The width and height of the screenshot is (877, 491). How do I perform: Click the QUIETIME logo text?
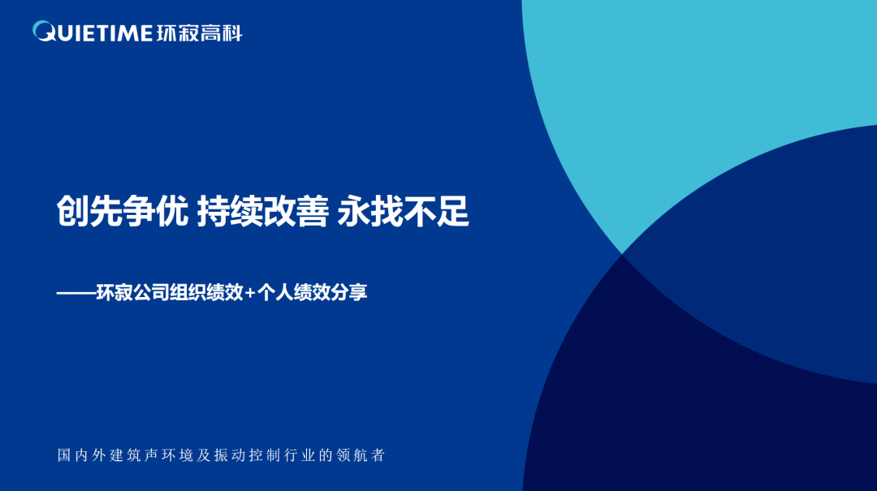(93, 32)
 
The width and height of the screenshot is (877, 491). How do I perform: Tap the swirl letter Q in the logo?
(44, 32)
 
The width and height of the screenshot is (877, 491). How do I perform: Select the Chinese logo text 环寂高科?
(199, 33)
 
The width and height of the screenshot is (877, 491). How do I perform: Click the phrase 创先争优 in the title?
(123, 211)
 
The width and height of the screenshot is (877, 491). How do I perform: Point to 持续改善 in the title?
(263, 211)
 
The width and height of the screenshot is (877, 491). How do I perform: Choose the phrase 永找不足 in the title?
(404, 211)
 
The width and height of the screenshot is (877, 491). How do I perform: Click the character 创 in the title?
(73, 211)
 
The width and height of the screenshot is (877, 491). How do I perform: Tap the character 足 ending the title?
(453, 211)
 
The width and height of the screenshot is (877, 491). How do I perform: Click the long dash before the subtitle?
(76, 292)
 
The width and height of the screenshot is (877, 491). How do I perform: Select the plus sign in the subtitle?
(250, 292)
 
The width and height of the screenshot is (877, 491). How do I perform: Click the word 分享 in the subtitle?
(349, 292)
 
